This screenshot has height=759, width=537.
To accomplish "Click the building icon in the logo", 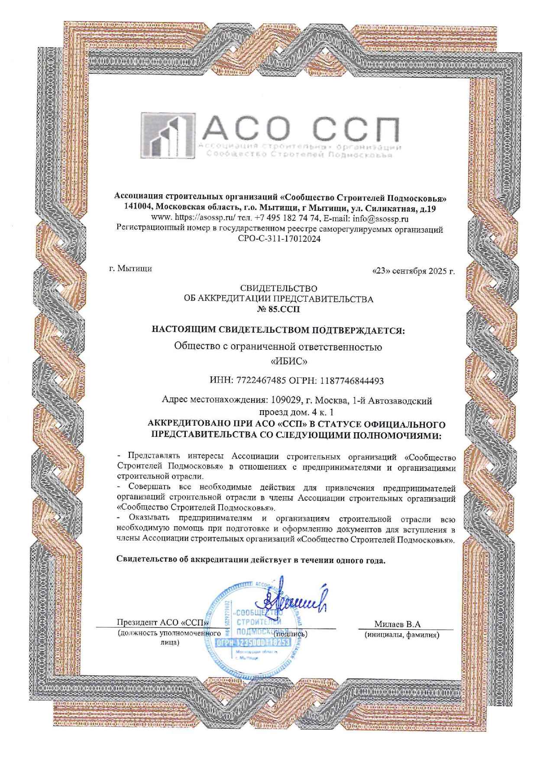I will point(167,135).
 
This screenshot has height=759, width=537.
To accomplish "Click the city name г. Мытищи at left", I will point(130,269).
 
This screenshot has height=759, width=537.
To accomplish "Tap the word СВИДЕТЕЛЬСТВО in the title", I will point(278,288).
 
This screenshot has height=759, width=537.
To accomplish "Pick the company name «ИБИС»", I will point(278,360).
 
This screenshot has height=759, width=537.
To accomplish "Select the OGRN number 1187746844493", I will point(352,381).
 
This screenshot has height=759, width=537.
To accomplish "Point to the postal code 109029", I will point(286,401).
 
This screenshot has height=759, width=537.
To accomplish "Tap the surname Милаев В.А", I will point(397,624).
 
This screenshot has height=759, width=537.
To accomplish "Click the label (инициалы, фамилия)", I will point(402,635).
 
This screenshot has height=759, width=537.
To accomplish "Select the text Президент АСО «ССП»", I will point(163,623).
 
